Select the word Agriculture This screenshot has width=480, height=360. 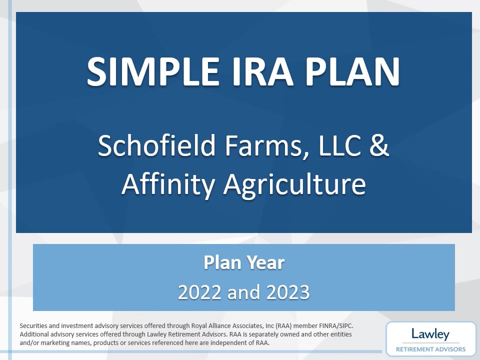coord(294,183)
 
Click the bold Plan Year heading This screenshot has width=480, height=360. coord(244,262)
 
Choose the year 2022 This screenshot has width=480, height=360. coord(200,292)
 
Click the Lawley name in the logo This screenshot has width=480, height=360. coord(430,334)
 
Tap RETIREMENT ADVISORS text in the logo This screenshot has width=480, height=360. coord(430,349)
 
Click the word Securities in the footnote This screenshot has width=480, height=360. coord(34,325)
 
